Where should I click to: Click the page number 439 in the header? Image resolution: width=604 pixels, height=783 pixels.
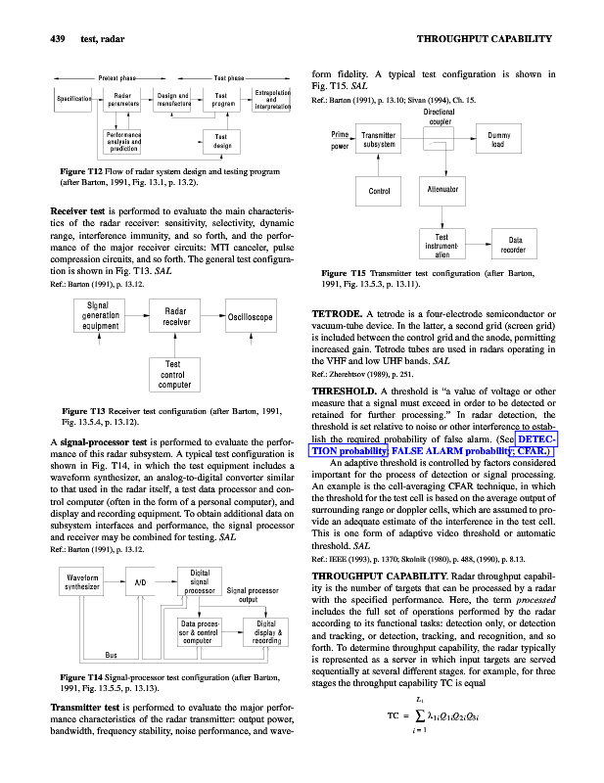point(36,38)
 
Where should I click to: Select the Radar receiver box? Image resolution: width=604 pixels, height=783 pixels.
point(176,316)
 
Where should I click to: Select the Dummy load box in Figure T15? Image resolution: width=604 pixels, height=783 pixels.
point(519,142)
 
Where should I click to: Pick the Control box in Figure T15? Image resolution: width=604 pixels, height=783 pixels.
point(379,191)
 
